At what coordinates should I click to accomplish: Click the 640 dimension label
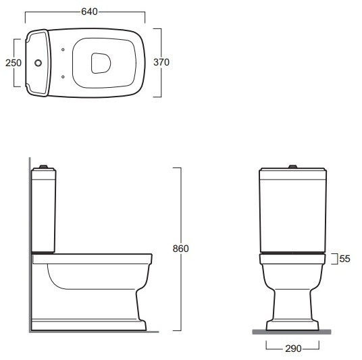tap(89, 11)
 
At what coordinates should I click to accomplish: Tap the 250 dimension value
tap(14, 63)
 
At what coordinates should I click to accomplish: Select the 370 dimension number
tap(161, 62)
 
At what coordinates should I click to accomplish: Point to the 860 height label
tap(181, 249)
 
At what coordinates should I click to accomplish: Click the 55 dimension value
tap(345, 259)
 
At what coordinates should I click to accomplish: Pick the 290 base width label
tap(293, 349)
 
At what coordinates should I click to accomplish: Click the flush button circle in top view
tap(38, 63)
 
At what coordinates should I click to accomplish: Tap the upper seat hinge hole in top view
tap(63, 49)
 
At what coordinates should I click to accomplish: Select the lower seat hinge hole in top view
tap(63, 77)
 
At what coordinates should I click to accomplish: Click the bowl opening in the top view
tap(101, 63)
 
